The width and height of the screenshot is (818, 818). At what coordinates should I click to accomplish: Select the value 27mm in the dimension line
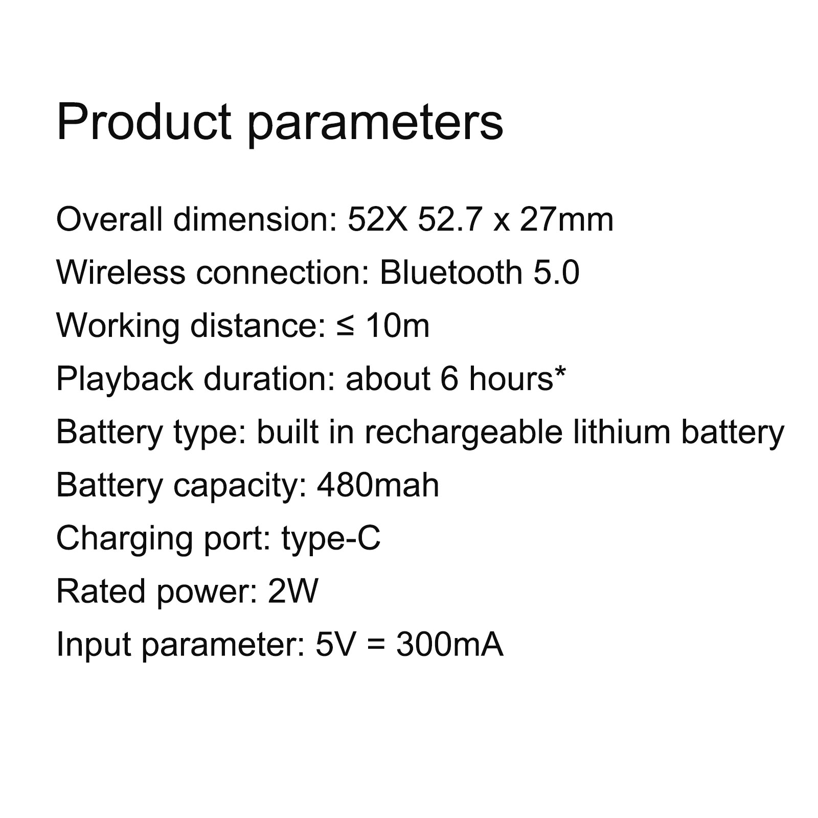pos(566,220)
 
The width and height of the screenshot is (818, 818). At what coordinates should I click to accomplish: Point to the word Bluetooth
pos(451,272)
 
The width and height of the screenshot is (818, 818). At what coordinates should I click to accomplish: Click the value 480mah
pos(378,485)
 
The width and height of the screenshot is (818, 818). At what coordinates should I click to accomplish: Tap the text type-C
pos(331,540)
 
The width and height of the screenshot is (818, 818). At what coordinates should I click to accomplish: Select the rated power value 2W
pos(293,592)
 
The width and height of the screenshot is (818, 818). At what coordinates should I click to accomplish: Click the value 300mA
pos(449,645)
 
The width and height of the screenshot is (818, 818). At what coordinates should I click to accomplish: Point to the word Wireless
pos(121,272)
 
